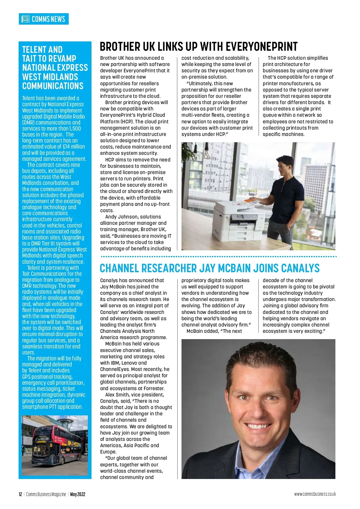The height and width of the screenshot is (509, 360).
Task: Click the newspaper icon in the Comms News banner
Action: pyautogui.click(x=25, y=19)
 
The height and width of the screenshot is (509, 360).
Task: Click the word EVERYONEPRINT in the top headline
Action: pyautogui.click(x=261, y=47)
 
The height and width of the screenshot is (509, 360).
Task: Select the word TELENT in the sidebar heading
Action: pyautogui.click(x=34, y=50)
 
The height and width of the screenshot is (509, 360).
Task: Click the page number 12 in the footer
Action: pyautogui.click(x=20, y=494)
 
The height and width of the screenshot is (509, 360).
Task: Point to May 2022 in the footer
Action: pyautogui.click(x=78, y=494)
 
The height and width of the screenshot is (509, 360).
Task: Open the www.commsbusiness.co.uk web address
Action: pyautogui.click(x=315, y=494)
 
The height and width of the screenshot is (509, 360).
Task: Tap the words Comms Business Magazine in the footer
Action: pyautogui.click(x=46, y=494)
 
